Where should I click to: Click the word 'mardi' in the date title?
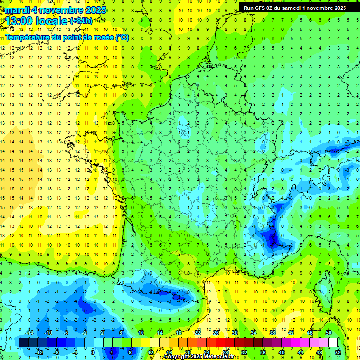[15, 10]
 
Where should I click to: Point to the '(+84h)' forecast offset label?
[81, 21]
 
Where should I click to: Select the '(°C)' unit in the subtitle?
[122, 37]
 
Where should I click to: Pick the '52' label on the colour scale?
[337, 352]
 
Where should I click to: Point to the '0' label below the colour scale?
[93, 352]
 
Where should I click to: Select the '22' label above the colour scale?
[197, 333]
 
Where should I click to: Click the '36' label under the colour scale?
[262, 352]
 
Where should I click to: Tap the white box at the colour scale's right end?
[333, 343]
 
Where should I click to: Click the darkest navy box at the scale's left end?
[23, 343]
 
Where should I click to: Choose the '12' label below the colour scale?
[150, 352]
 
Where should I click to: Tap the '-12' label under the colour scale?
[39, 352]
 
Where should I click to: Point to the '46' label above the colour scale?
[309, 333]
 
